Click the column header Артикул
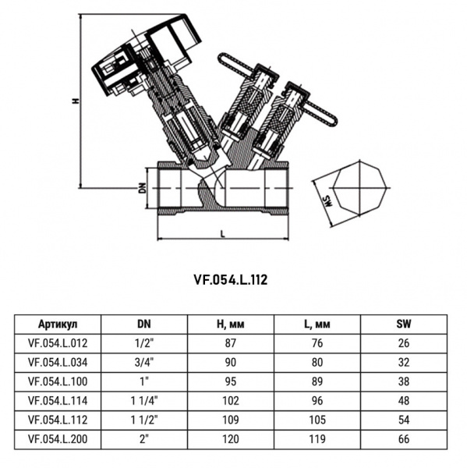(x=58, y=323)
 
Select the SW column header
(x=403, y=323)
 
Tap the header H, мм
(x=230, y=323)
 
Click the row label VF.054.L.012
(x=58, y=342)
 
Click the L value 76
(x=317, y=342)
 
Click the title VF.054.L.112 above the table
(x=230, y=278)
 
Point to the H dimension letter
(x=75, y=101)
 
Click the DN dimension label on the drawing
(x=142, y=188)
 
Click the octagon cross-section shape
(x=356, y=189)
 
